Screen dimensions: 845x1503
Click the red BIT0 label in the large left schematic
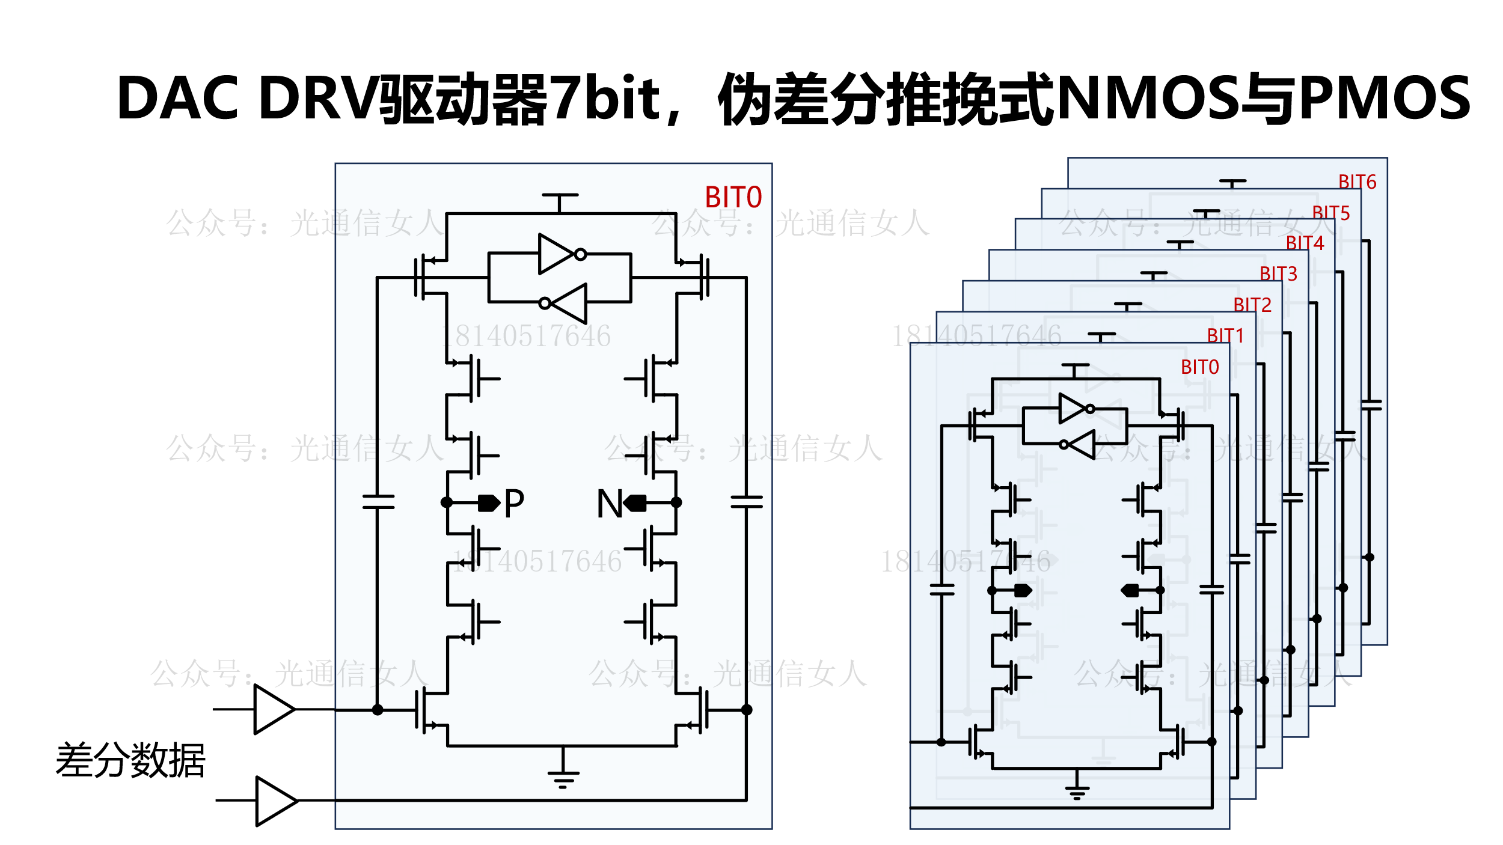733,197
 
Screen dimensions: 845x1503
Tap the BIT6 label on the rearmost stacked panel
1357,182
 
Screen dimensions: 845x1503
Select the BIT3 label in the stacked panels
1278,273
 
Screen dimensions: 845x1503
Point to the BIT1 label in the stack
1225,335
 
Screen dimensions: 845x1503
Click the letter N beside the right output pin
609,503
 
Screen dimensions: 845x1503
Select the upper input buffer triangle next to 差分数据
274,709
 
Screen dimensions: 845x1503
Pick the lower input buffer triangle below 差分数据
275,801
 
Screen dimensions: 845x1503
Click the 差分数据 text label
130,760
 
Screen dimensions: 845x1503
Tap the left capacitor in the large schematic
378,502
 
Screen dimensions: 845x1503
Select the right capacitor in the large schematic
746,502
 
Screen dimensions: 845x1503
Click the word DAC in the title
178,98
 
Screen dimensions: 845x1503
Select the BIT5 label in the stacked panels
1330,213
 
